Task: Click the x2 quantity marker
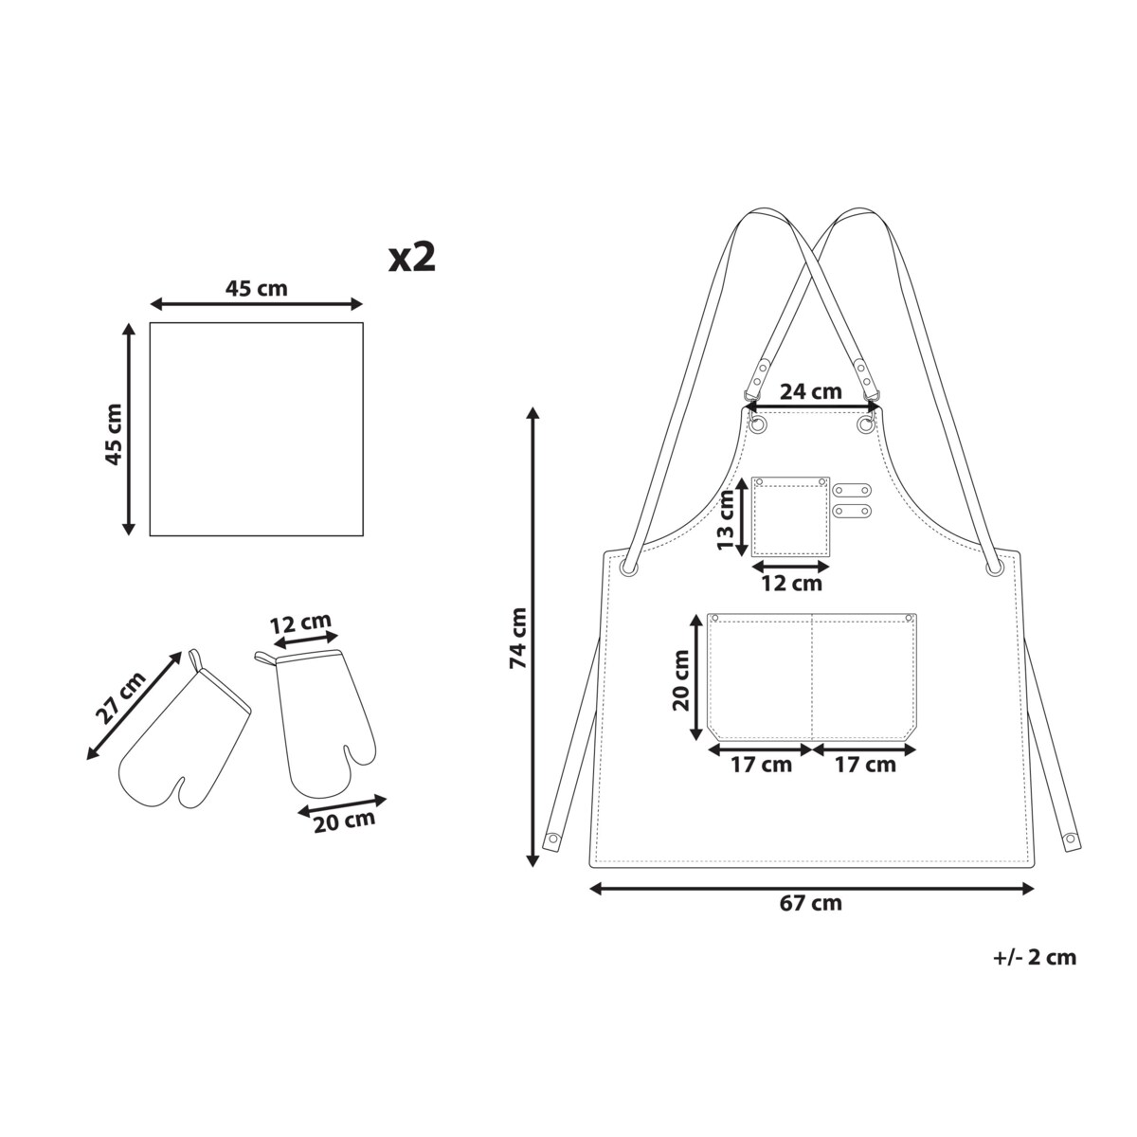point(411,258)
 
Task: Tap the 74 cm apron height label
point(518,639)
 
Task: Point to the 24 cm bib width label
point(811,391)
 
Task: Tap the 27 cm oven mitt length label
point(120,698)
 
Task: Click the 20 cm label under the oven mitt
point(344,821)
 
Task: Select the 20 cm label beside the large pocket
point(681,679)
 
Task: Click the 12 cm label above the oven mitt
point(300,623)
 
